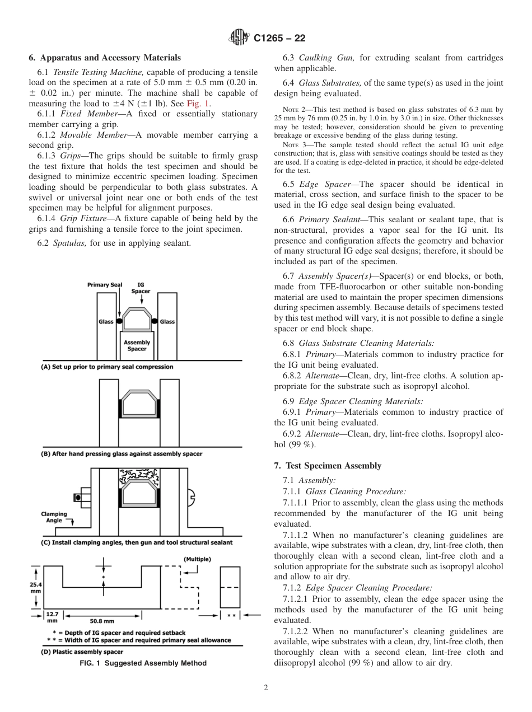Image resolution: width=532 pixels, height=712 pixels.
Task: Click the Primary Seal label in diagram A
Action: (104, 284)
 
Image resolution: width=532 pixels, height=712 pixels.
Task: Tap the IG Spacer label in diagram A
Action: (141, 288)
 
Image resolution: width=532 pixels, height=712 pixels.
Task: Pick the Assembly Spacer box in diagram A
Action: (137, 345)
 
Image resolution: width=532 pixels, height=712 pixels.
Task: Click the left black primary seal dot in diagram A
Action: (119, 321)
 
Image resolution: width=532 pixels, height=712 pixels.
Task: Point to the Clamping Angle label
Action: (54, 517)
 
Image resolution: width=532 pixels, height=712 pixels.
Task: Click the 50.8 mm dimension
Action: (102, 621)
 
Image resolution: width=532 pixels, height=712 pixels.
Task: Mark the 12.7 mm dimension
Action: (52, 617)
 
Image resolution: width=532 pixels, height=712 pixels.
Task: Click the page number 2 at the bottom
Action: (266, 688)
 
